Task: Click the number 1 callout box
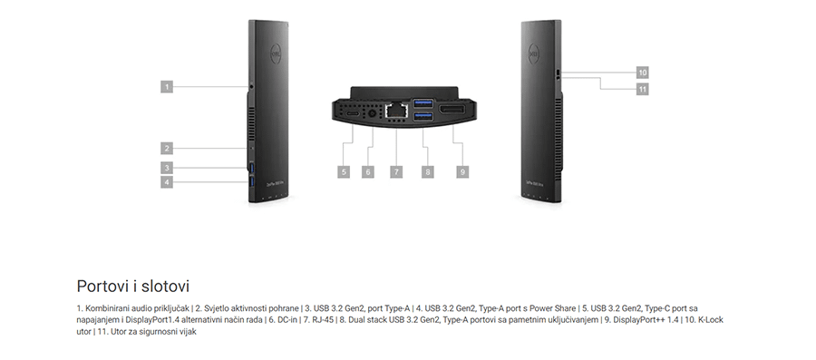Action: pos(167,86)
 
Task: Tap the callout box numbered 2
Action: pos(167,148)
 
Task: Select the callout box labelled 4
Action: pos(167,181)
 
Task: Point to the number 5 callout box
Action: pos(344,170)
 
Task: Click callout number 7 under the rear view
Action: pos(395,170)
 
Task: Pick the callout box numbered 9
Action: pos(461,170)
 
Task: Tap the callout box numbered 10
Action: pos(642,72)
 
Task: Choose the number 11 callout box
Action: pos(642,89)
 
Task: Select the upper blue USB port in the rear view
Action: pos(423,103)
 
